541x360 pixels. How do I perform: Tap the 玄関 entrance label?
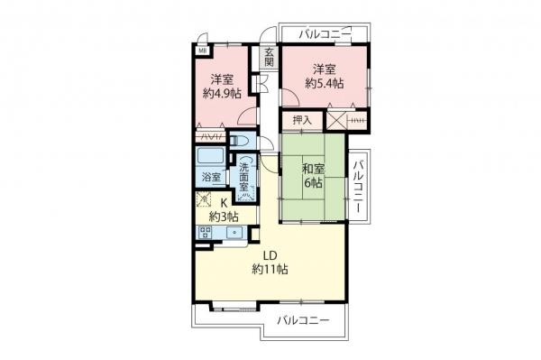[x=269, y=59]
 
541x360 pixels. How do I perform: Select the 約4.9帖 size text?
[x=223, y=93]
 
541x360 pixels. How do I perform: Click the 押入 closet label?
[x=301, y=119]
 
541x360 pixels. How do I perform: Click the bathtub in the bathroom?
[x=211, y=154]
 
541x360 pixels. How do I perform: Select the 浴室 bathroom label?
[x=211, y=178]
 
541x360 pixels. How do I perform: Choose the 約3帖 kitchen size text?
[x=224, y=216]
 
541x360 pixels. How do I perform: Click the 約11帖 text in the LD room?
[x=270, y=269]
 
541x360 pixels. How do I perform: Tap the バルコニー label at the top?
[x=325, y=33]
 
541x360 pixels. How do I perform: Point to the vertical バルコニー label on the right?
[x=358, y=184]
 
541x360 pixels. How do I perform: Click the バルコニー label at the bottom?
[x=302, y=320]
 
